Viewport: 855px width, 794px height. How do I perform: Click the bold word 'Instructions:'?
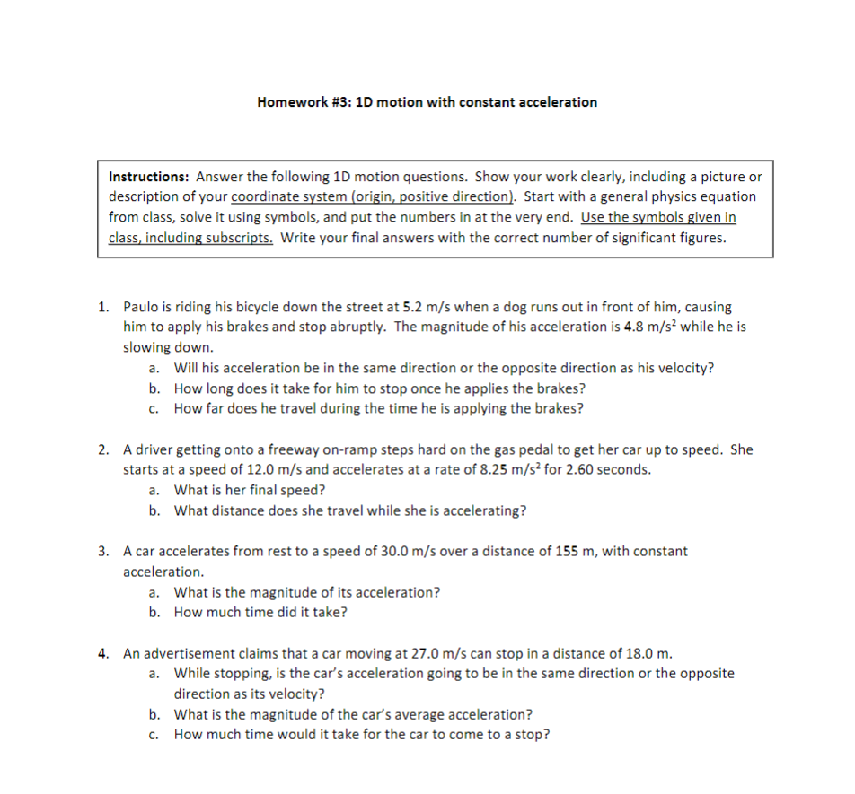click(x=149, y=177)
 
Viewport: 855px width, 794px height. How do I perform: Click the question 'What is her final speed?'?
click(x=250, y=490)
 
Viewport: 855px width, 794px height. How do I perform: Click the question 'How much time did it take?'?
click(x=260, y=612)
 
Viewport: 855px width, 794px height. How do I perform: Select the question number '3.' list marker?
click(x=105, y=551)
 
